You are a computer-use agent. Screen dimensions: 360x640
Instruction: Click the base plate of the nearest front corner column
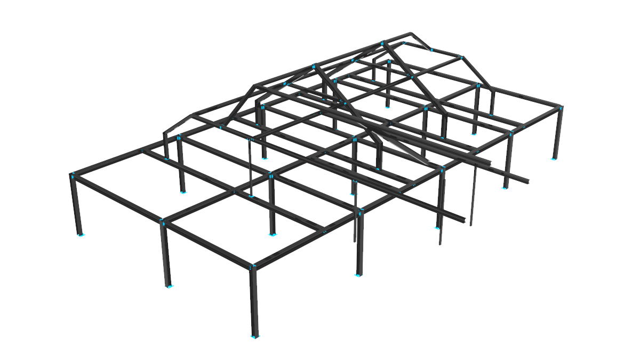(255, 337)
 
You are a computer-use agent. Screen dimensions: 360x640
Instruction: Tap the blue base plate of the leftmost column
(81, 234)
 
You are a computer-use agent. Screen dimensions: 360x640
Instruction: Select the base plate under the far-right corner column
(554, 158)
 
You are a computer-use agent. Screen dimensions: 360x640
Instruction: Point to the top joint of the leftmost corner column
(71, 175)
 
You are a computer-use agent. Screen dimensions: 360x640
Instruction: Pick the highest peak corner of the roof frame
(411, 35)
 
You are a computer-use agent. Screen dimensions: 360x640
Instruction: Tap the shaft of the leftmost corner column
(76, 205)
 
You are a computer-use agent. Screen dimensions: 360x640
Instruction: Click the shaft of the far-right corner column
(558, 133)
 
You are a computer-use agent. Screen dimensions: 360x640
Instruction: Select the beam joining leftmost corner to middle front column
(117, 197)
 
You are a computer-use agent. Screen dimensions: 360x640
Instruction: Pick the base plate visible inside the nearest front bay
(273, 234)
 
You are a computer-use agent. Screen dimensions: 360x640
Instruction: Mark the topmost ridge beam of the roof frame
(331, 59)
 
